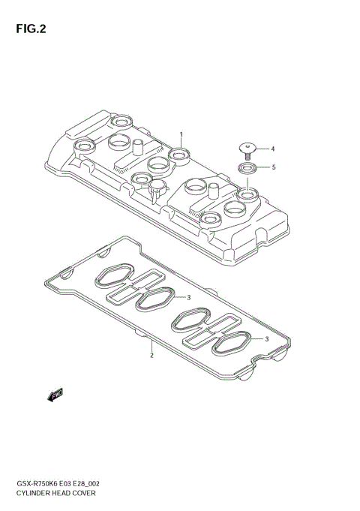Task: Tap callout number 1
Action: point(181,134)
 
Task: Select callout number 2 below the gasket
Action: point(151,355)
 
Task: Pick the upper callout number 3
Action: point(189,298)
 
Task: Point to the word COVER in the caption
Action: point(85,495)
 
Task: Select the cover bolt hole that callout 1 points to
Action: point(178,156)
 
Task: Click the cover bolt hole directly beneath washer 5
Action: point(245,196)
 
